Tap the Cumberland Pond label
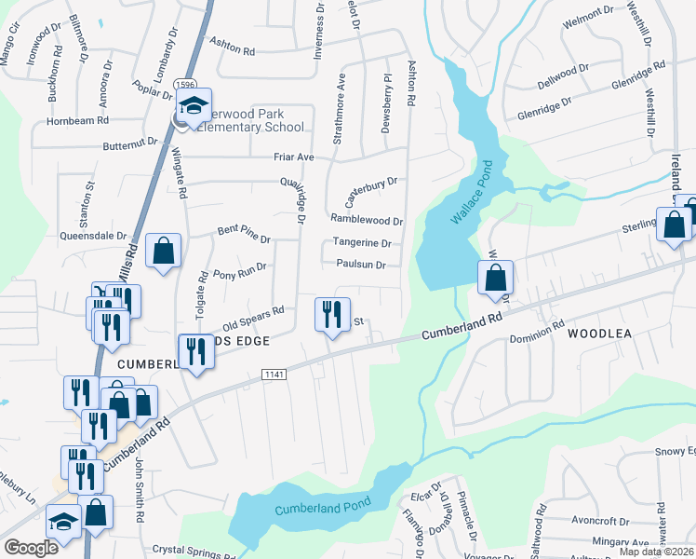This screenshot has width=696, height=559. coord(322,507)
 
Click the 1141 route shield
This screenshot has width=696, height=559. coord(274,374)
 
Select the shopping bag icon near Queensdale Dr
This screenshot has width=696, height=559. coord(163,251)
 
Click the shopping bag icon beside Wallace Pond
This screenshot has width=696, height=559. coord(497,277)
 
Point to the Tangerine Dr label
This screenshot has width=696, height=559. coord(361,243)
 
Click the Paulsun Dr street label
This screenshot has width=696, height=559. coord(361,265)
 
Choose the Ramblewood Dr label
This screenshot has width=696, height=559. coord(366,221)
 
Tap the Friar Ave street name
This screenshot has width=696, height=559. coord(293,157)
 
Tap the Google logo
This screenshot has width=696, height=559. coord(31,548)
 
